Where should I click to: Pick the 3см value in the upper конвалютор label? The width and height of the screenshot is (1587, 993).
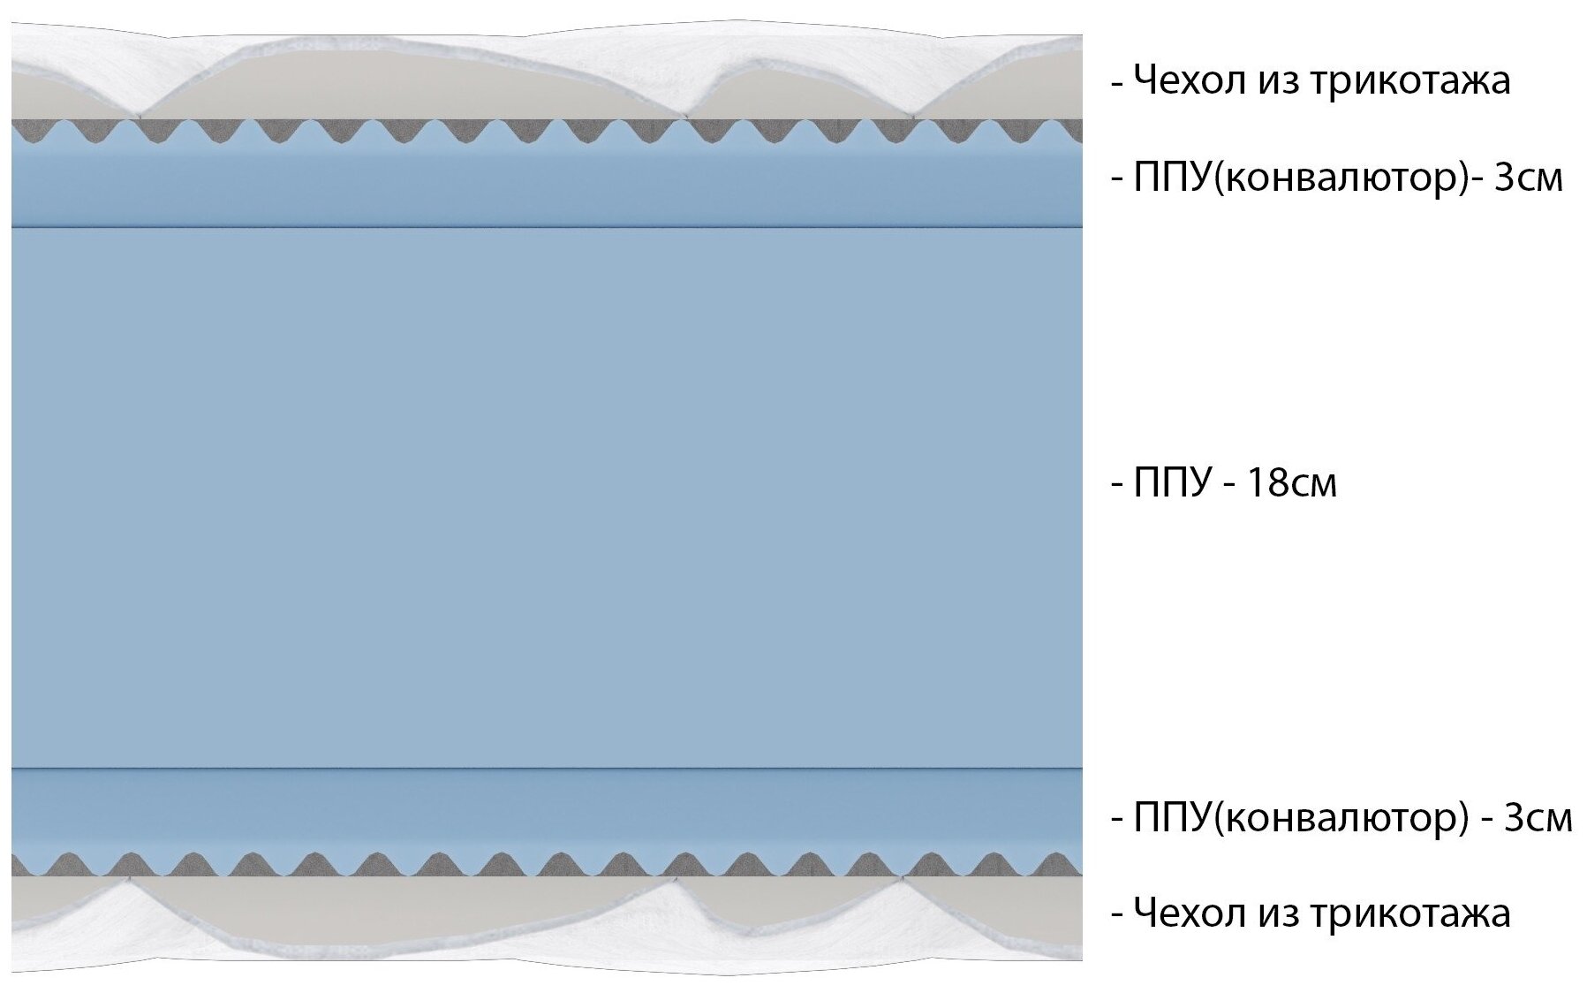tap(1529, 178)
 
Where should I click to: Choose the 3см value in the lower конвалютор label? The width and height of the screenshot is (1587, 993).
tap(1538, 818)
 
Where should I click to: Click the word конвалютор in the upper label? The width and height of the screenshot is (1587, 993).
tap(1339, 178)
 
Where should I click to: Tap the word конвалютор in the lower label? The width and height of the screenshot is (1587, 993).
tap(1339, 818)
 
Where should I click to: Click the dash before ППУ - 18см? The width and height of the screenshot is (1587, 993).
tap(1117, 485)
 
